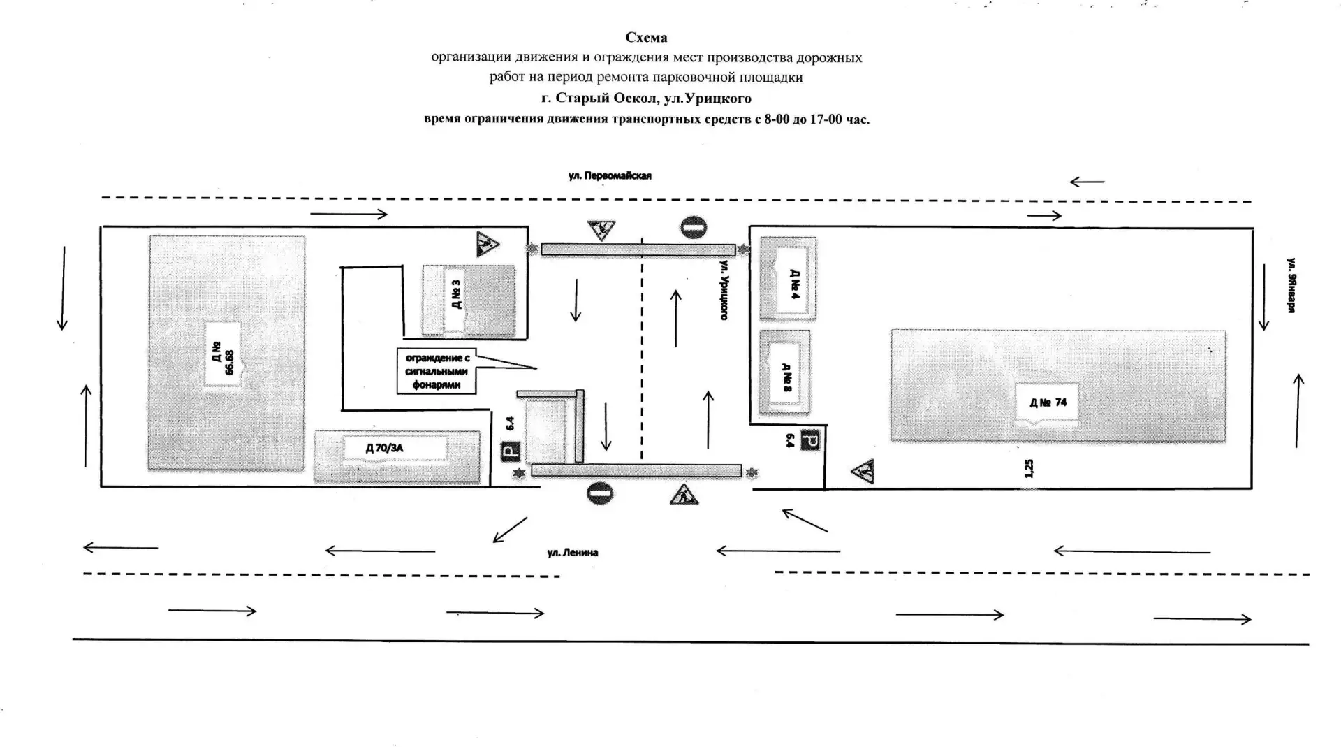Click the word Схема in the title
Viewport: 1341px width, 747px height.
pyautogui.click(x=646, y=37)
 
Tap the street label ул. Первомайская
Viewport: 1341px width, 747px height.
pyautogui.click(x=610, y=176)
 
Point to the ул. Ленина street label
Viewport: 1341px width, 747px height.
pyautogui.click(x=573, y=553)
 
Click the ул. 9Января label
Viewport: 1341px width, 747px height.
pyautogui.click(x=1292, y=286)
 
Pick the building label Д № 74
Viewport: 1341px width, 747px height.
pyautogui.click(x=1048, y=402)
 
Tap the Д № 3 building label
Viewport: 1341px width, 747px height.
pyautogui.click(x=456, y=294)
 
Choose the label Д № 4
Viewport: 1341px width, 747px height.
pyautogui.click(x=794, y=284)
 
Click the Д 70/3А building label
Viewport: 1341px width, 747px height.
pyautogui.click(x=385, y=448)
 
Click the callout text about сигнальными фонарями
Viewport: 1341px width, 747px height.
pyautogui.click(x=437, y=371)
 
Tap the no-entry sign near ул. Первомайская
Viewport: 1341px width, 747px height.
pyautogui.click(x=694, y=227)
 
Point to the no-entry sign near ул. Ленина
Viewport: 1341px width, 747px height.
pyautogui.click(x=600, y=493)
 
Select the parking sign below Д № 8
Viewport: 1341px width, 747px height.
pyautogui.click(x=810, y=440)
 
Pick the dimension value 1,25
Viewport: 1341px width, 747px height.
pyautogui.click(x=1028, y=468)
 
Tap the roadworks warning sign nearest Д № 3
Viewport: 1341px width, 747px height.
pyautogui.click(x=487, y=244)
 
